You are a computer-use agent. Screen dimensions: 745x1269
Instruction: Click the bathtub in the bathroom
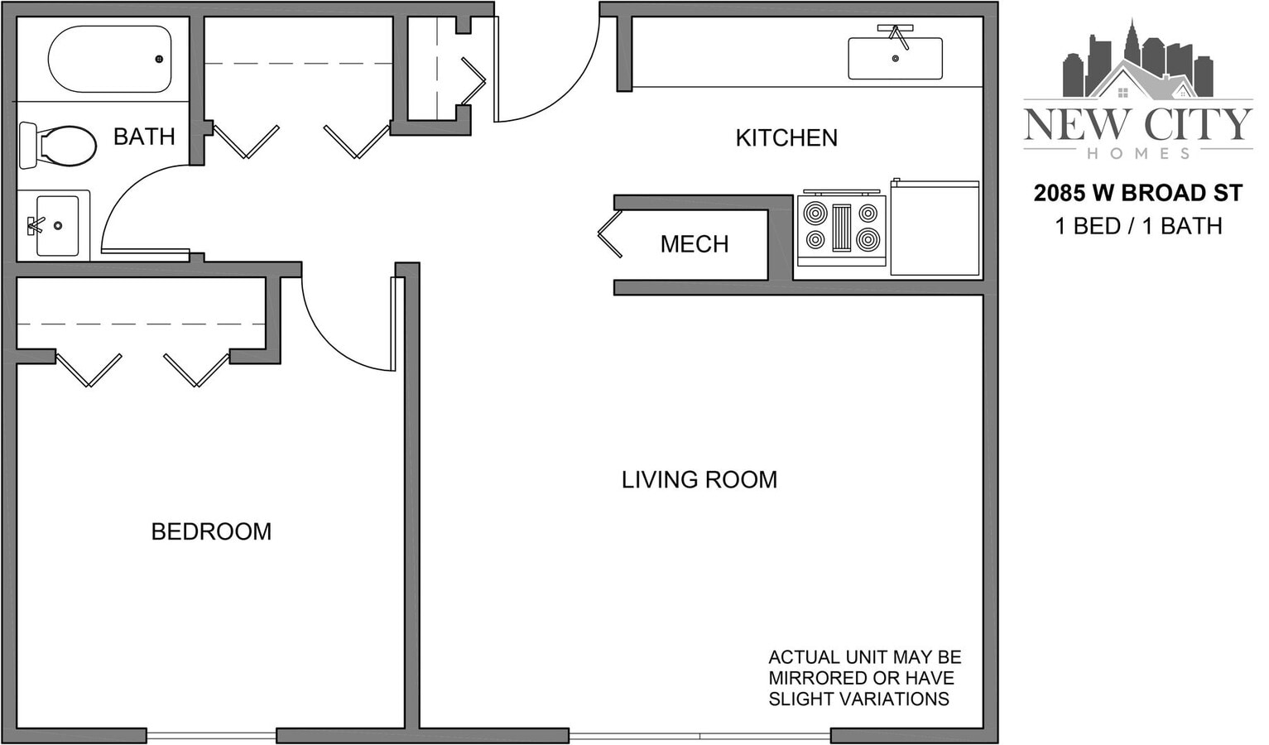pyautogui.click(x=109, y=60)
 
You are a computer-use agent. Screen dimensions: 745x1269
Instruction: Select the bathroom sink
pyautogui.click(x=55, y=225)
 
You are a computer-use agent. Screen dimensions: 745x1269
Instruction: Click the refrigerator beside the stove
pyautogui.click(x=935, y=228)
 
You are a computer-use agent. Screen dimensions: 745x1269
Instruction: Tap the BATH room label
pyautogui.click(x=144, y=137)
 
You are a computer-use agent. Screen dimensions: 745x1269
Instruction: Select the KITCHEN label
pyautogui.click(x=786, y=138)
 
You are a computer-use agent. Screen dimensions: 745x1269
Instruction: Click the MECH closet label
pyautogui.click(x=694, y=244)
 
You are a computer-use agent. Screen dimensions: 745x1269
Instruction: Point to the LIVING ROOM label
pyautogui.click(x=699, y=480)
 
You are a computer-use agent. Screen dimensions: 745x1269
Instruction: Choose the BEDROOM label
pyautogui.click(x=211, y=531)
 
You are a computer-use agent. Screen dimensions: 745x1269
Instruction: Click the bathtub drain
pyautogui.click(x=159, y=59)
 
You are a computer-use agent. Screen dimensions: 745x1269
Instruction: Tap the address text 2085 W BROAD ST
pyautogui.click(x=1137, y=194)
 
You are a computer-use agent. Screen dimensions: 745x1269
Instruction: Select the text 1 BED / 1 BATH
pyautogui.click(x=1137, y=226)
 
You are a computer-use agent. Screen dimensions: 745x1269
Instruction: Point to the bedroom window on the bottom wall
pyautogui.click(x=211, y=735)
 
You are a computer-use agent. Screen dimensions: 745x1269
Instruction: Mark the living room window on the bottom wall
pyautogui.click(x=699, y=735)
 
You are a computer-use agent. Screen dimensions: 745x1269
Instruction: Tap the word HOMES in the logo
pyautogui.click(x=1137, y=153)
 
